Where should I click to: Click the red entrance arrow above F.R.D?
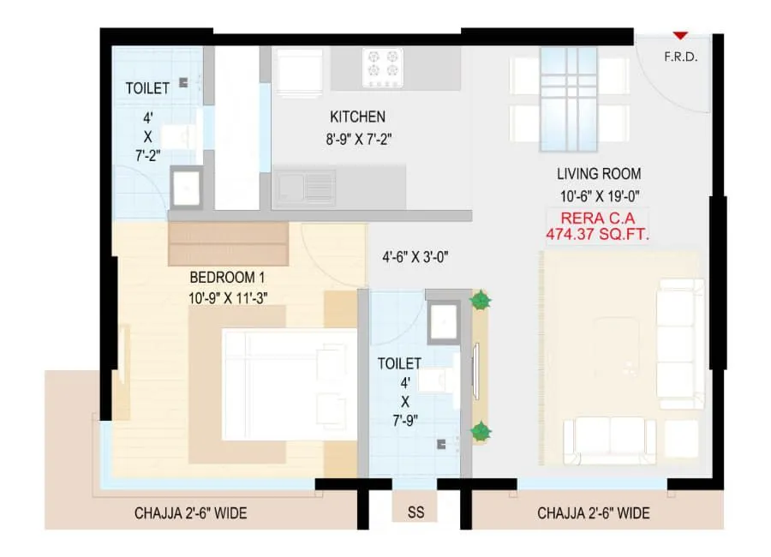coord(679,36)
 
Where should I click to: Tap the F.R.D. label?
coord(680,58)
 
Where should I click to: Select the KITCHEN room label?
coord(357,117)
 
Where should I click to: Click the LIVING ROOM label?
coord(599,174)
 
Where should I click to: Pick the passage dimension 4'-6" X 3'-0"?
coord(415,255)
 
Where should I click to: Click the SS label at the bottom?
coord(415,513)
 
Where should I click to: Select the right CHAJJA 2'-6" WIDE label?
coord(593,514)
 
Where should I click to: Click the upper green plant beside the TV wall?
coord(481,301)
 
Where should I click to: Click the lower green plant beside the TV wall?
coord(481,431)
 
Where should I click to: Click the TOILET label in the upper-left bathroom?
coord(147,88)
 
